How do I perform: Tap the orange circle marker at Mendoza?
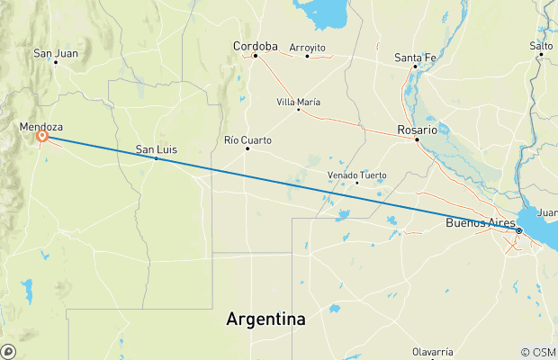(42, 137)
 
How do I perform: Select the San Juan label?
(56, 53)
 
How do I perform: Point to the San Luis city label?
(156, 148)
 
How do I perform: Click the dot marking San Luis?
(157, 158)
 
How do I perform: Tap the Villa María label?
(298, 101)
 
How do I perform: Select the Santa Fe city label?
(416, 58)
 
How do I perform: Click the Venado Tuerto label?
(356, 174)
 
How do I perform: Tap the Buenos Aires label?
(484, 222)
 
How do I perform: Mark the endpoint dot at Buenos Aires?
(519, 231)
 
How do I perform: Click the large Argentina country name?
(265, 319)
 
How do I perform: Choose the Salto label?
(541, 45)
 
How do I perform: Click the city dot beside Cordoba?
(256, 56)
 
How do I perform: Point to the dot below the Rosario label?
(417, 139)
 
